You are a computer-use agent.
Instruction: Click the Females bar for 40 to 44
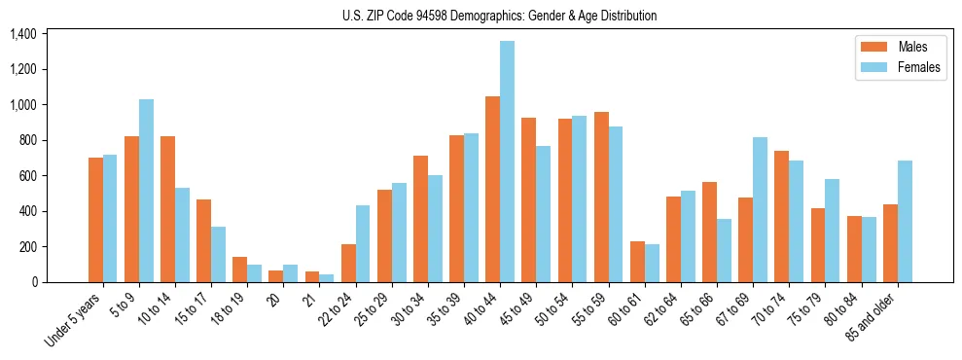tap(507, 162)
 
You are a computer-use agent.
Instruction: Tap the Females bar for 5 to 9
tap(146, 191)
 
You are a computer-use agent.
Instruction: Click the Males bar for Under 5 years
tap(95, 220)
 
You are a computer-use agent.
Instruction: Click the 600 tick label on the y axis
tap(26, 176)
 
